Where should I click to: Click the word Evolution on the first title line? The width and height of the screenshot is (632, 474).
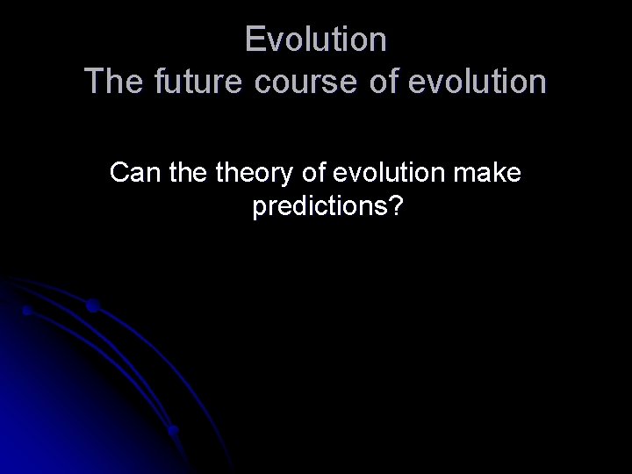click(x=316, y=39)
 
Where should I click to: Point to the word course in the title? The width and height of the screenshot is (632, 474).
click(x=297, y=82)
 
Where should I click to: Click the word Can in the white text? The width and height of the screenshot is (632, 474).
click(x=132, y=173)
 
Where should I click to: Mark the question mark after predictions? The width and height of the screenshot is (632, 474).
click(x=395, y=207)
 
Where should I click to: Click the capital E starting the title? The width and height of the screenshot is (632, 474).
click(x=254, y=39)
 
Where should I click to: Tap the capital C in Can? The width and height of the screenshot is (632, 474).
click(x=118, y=173)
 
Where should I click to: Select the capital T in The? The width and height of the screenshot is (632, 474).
click(x=94, y=82)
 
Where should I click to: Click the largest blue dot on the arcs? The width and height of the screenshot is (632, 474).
click(x=93, y=306)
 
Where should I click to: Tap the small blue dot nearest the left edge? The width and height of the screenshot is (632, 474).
click(x=27, y=311)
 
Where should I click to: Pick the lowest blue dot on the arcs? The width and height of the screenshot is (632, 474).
click(x=174, y=430)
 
